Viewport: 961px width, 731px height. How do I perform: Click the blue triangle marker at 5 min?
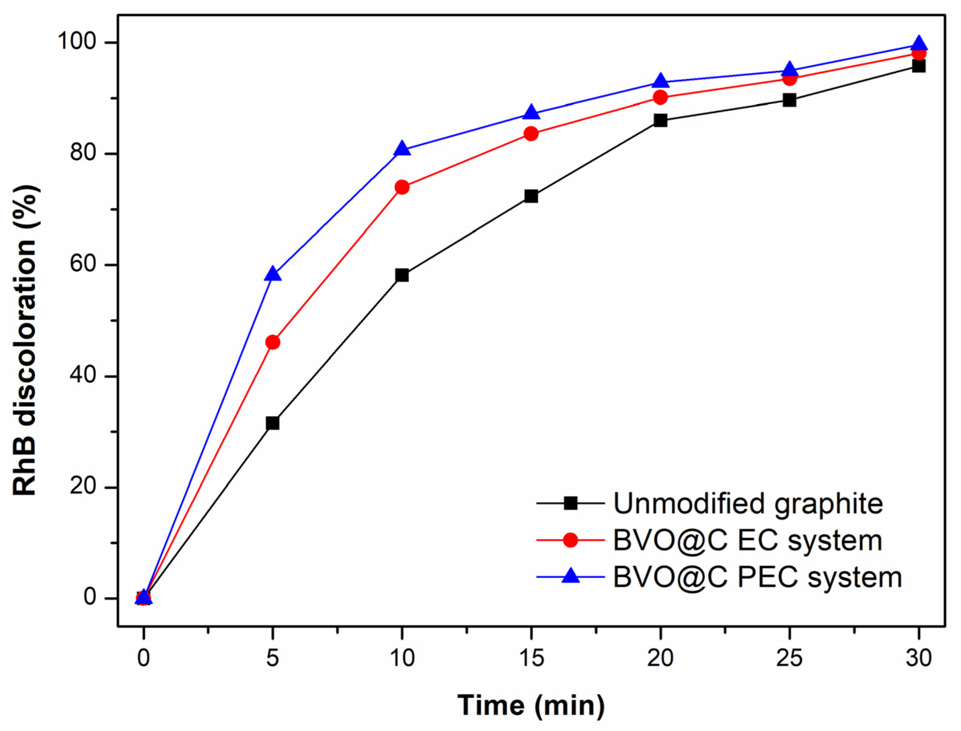[x=273, y=274]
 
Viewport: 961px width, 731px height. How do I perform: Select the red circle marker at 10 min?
[x=402, y=188]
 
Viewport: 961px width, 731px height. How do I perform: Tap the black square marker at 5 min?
[x=273, y=423]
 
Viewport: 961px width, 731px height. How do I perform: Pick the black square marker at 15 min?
[x=531, y=196]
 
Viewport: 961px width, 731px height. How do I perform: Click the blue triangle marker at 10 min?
[x=402, y=149]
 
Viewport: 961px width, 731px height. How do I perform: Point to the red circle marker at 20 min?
[x=660, y=97]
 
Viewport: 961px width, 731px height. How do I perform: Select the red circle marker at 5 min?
[x=273, y=342]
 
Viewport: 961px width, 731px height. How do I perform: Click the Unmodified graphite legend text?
[x=748, y=504]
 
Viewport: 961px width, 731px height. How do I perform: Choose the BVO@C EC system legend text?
[x=747, y=541]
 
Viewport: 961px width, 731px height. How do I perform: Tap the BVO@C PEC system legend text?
[x=757, y=578]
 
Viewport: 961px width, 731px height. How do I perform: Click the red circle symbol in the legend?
[x=570, y=540]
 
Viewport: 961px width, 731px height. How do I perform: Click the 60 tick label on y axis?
[x=83, y=265]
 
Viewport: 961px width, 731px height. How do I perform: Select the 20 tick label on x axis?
[x=660, y=658]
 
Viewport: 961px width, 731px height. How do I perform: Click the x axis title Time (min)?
[x=531, y=705]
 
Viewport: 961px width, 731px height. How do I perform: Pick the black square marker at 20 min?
[x=660, y=120]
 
